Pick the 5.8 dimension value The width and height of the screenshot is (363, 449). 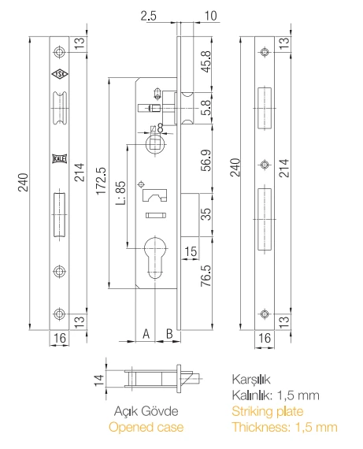[x=206, y=108]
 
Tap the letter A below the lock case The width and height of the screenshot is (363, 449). [x=146, y=333]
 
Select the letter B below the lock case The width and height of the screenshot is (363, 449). [x=169, y=333]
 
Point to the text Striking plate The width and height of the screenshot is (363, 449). [x=266, y=410]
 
